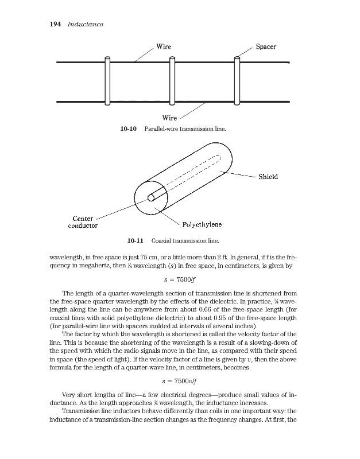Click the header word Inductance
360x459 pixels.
click(x=85, y=24)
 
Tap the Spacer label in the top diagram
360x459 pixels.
click(x=266, y=46)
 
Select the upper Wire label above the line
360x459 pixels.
click(x=164, y=46)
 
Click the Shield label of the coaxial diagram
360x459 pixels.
click(x=267, y=177)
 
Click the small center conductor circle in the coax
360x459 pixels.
click(x=151, y=197)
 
